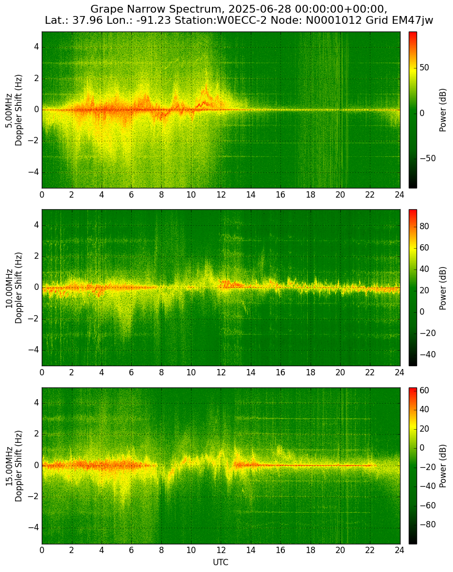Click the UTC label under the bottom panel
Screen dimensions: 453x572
coord(221,562)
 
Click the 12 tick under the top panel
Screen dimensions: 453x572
coord(221,195)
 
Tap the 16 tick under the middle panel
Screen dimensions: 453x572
coord(280,372)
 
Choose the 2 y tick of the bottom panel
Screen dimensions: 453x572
coord(36,434)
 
